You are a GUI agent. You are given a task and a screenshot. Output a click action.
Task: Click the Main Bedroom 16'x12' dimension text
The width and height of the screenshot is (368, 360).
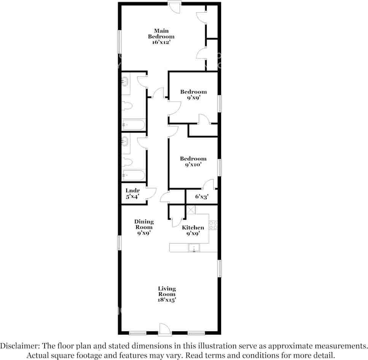[161, 43]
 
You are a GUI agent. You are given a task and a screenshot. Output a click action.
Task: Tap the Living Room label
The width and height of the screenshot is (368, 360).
[167, 291]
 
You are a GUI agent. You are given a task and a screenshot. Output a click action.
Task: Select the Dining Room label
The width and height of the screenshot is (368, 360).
[144, 224]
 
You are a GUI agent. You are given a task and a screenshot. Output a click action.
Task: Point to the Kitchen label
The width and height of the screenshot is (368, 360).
[193, 228]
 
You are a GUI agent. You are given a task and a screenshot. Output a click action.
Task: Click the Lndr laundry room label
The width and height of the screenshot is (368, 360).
[132, 190]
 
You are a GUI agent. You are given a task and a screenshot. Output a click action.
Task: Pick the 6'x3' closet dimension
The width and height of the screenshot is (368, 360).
[202, 197]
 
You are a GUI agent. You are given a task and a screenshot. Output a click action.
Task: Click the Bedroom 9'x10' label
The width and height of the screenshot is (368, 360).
[193, 162]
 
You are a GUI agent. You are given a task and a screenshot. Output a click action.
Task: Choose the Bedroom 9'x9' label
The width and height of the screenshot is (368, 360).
[193, 95]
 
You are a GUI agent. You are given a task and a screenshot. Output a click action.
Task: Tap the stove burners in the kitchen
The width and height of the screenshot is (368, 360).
[213, 225]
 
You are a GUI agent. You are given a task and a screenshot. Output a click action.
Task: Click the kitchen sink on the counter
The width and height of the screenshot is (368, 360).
[194, 248]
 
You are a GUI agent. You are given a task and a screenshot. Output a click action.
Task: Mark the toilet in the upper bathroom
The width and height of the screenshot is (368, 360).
[127, 106]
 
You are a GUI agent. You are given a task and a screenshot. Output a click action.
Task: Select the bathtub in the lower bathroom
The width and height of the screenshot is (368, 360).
[134, 175]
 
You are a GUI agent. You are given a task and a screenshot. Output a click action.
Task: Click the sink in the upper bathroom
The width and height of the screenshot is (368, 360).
[125, 82]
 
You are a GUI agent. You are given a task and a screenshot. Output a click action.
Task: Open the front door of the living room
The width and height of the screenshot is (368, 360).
[164, 329]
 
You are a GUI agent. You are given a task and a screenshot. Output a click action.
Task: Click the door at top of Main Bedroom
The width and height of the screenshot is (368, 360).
[175, 7]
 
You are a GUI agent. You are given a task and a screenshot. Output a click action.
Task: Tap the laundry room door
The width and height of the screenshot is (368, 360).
[151, 193]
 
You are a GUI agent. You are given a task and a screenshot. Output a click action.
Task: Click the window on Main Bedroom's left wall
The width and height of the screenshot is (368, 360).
[119, 42]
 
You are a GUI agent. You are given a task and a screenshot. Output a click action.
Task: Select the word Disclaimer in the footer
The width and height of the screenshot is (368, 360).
[20, 346]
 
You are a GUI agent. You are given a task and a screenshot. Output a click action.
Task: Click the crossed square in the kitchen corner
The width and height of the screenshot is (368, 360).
[191, 210]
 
